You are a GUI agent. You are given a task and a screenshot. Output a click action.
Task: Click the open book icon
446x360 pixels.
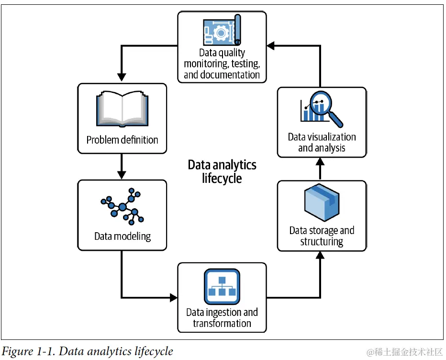123,109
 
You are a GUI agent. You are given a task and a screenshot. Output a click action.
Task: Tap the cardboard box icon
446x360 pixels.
322,202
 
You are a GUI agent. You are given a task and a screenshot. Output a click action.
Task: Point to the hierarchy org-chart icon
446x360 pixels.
222,287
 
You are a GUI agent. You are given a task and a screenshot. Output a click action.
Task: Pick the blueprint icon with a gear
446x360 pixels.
222,30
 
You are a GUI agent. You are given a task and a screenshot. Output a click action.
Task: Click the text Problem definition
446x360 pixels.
123,140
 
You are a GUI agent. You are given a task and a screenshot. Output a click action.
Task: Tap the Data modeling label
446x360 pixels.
123,236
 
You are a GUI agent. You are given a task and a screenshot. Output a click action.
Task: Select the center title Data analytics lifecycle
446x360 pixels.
222,171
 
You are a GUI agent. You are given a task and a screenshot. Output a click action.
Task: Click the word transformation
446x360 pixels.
222,323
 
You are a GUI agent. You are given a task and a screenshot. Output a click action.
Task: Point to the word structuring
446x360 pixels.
322,241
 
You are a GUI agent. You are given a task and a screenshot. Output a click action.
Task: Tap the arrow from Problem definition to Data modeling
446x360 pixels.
122,167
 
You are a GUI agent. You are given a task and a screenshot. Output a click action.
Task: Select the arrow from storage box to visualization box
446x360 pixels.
320,169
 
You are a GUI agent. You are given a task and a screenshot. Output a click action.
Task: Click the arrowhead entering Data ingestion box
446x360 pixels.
174,298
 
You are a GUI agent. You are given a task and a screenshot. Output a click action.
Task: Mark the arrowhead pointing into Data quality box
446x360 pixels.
271,45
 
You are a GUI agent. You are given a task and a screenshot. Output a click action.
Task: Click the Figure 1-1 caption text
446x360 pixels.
87,351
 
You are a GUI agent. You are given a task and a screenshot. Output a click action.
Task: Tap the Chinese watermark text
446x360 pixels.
404,352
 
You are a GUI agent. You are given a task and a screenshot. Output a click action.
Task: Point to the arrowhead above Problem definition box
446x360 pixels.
122,78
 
